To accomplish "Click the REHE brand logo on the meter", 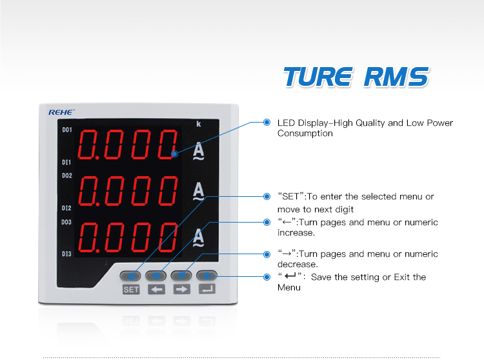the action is point(61,112).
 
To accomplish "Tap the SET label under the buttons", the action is point(131,290).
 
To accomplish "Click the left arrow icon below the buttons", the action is point(157,290).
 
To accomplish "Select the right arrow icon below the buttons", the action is point(182,290).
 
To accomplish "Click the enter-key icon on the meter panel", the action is point(207,289).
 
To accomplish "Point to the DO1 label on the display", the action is point(67,130).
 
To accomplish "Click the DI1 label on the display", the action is point(66,163).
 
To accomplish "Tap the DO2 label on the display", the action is point(67,175).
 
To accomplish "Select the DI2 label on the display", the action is point(66,208).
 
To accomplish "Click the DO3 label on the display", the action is point(66,222).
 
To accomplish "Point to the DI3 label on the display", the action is point(66,254).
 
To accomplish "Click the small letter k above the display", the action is point(199,124).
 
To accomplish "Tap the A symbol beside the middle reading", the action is point(199,191).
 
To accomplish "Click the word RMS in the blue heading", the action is point(396,77).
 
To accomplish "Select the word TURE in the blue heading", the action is point(318,77).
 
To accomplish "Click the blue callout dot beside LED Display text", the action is point(267,122).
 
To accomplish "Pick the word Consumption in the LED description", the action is point(305,134).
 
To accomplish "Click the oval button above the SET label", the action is point(130,275).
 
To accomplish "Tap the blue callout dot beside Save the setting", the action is point(267,277).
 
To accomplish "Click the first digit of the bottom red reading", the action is point(88,237).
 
